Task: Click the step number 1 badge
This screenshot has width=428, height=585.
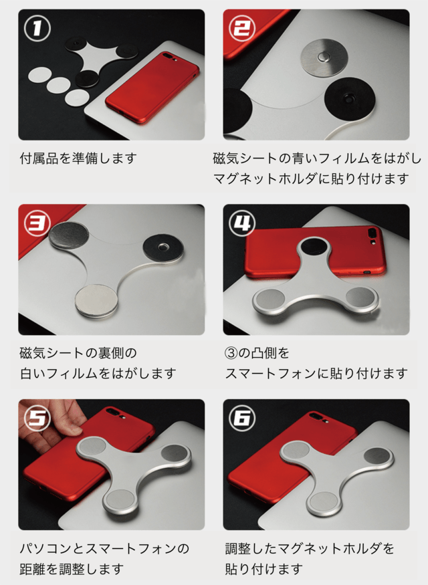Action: pos(37,28)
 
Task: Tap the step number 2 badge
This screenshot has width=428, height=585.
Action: pos(242,28)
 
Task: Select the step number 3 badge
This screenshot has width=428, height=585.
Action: pos(37,223)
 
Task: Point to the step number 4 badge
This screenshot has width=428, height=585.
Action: pos(242,223)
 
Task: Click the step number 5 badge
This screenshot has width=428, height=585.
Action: pos(37,418)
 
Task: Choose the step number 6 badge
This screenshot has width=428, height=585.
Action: pos(242,418)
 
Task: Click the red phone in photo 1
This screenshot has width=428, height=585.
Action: pos(153,88)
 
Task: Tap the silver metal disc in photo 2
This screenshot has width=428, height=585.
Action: pos(324,57)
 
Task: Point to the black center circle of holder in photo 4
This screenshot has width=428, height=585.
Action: pos(314,248)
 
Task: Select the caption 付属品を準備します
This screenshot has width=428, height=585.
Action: pos(78,158)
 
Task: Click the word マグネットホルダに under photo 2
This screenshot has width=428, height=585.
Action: pos(275,179)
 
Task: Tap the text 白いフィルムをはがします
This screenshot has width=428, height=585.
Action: pos(98,373)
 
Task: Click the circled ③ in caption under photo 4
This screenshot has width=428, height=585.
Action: pos(231,353)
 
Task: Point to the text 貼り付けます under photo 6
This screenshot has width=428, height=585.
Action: pos(263,569)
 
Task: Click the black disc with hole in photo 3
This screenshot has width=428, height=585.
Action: pos(163,247)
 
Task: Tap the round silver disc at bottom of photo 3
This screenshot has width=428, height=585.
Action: pos(97,301)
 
